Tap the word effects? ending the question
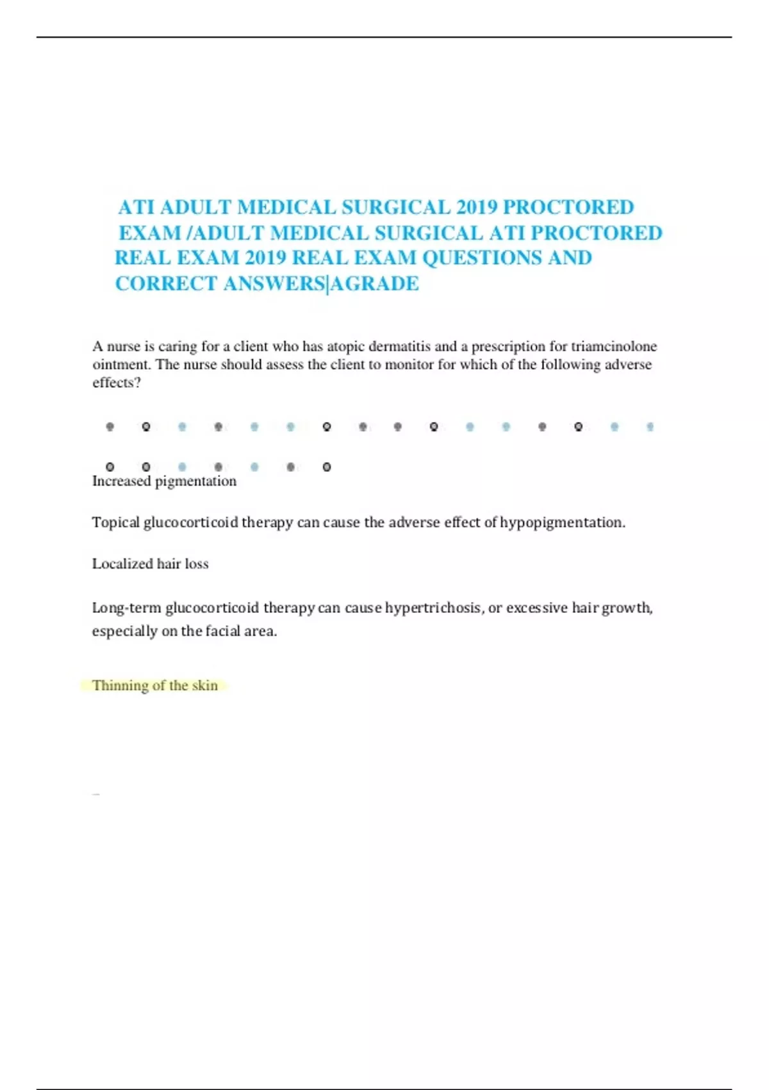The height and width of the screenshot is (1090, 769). point(117,382)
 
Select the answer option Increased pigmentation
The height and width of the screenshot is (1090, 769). point(164,481)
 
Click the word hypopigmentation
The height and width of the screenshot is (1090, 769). point(562,523)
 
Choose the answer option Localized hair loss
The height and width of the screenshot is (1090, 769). point(150,564)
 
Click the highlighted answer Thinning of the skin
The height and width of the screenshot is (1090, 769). point(155,685)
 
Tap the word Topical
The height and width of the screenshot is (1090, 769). point(115,523)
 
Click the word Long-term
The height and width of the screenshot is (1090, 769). point(126,607)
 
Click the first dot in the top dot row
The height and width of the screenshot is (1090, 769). point(110,426)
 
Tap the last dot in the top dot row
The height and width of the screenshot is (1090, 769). point(650,426)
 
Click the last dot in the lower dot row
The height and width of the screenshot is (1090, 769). point(327,467)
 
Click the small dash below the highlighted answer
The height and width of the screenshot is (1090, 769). point(96,794)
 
